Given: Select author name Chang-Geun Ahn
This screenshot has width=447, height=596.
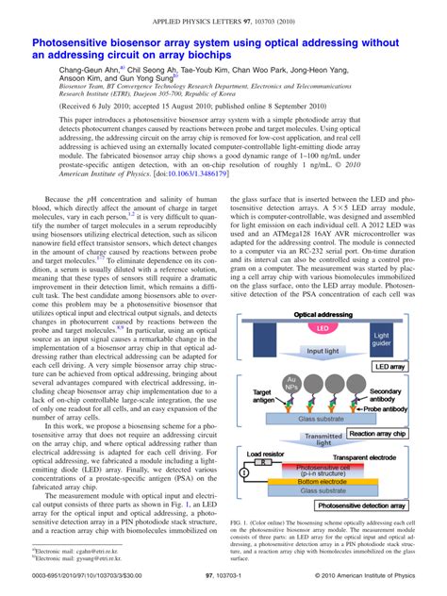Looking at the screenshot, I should point(89,71).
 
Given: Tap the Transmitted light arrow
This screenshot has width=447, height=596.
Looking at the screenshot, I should point(322,439).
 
